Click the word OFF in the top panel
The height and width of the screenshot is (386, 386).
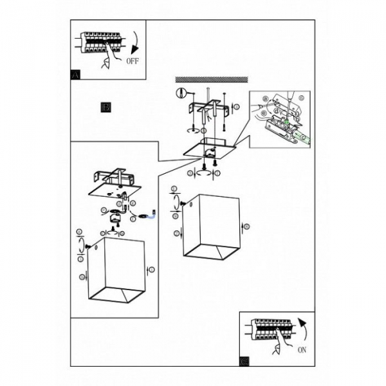click(132, 62)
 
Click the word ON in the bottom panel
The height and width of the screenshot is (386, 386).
click(302, 350)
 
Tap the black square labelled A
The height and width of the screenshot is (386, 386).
click(75, 75)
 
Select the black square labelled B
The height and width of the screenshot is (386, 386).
click(106, 107)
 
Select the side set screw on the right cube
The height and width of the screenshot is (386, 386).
click(184, 204)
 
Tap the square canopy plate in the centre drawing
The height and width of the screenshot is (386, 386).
click(208, 149)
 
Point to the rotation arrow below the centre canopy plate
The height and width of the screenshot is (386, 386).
click(204, 170)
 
